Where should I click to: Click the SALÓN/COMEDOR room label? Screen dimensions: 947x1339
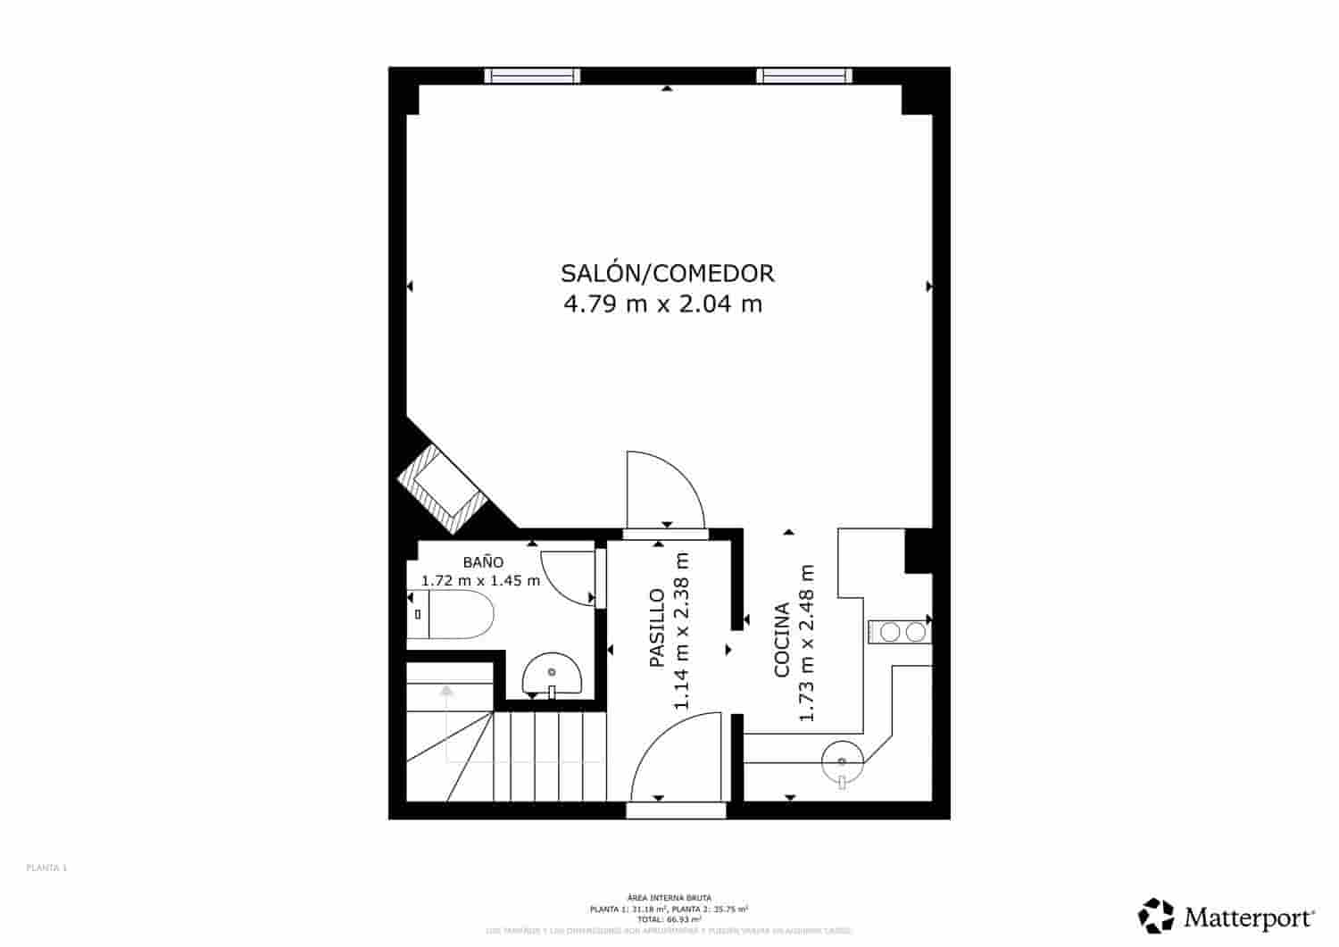[x=667, y=272]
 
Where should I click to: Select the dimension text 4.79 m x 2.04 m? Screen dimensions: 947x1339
[x=662, y=304]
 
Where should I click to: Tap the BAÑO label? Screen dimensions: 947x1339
[x=483, y=562]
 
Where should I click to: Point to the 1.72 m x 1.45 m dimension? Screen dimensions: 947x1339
[x=480, y=580]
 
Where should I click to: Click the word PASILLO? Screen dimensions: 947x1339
[x=656, y=628]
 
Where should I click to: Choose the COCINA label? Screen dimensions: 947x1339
[x=782, y=640]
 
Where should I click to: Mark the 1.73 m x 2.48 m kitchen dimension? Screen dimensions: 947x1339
[x=807, y=643]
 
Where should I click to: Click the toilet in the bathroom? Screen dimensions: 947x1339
[x=452, y=616]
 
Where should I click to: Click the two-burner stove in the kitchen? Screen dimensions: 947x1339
[x=902, y=632]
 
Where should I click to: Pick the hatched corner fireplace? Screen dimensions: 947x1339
[x=439, y=486]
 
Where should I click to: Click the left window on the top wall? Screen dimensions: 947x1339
[x=532, y=76]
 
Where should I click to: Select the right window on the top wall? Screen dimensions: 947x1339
[x=803, y=76]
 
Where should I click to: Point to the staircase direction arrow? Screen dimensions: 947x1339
[x=446, y=690]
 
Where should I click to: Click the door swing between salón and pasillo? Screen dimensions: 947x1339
[x=662, y=491]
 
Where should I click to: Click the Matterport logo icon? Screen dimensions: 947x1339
[x=1156, y=916]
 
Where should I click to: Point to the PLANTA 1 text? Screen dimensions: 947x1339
[x=47, y=868]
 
